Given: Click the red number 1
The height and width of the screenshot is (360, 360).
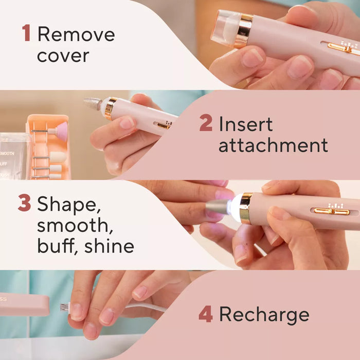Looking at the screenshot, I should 26,34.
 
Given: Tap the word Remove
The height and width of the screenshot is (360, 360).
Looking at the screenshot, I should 76,34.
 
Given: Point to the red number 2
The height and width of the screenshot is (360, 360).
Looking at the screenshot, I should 206,124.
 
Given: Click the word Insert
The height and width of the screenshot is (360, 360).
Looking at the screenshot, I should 245,124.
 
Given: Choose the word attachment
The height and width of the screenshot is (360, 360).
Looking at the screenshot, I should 273,146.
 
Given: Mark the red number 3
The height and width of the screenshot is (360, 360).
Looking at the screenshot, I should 24,203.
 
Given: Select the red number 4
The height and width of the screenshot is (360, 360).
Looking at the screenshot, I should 206,314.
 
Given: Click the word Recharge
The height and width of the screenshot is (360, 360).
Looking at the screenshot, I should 264,315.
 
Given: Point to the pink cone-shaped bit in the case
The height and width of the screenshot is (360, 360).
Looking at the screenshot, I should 61,132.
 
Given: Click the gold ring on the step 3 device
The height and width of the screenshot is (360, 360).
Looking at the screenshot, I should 246,208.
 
